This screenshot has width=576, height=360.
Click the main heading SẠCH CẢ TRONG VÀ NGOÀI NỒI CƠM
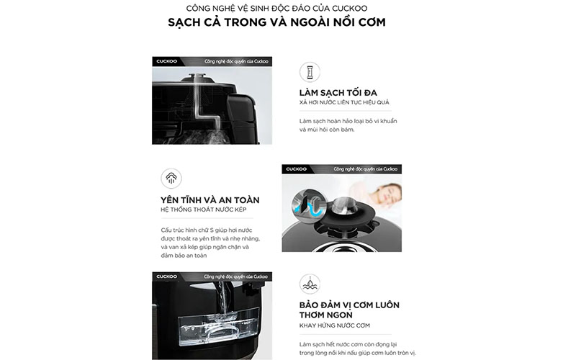click(x=287, y=22)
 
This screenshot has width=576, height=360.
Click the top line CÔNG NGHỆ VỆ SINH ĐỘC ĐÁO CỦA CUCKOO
click(x=287, y=7)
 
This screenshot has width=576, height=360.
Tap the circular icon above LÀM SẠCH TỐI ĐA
click(x=310, y=72)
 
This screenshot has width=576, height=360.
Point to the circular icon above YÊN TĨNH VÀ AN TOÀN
click(x=171, y=178)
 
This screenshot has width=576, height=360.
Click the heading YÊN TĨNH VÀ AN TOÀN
click(x=210, y=199)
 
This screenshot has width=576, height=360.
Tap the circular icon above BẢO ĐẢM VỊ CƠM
click(x=310, y=284)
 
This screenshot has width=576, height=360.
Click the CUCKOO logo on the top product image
click(x=171, y=62)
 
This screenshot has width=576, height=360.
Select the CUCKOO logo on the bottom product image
click(x=171, y=276)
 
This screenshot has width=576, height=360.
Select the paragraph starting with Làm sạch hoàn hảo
click(x=348, y=125)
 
